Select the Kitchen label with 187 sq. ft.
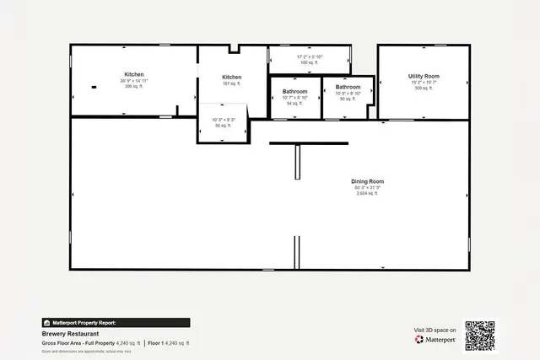[x=232, y=77]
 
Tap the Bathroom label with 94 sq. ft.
[x=295, y=91]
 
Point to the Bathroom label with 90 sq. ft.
[x=348, y=87]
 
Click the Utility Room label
[x=424, y=76]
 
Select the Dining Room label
[x=368, y=181]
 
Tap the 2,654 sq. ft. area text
[x=368, y=193]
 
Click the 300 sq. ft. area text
[x=424, y=88]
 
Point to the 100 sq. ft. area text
[x=310, y=62]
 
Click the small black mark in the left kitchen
[x=94, y=87]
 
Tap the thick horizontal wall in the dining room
[x=309, y=142]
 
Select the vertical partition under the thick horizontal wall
[x=297, y=162]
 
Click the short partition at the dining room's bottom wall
[x=296, y=251]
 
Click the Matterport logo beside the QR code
[x=435, y=340]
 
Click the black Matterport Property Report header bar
[x=116, y=322]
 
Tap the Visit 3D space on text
[x=435, y=330]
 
